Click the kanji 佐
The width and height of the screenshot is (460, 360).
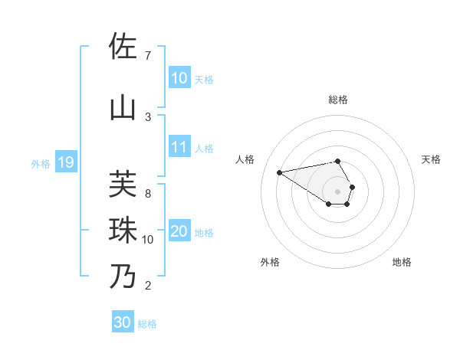point(123,46)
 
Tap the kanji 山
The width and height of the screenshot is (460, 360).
point(123,108)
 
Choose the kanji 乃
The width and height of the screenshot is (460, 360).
point(123,276)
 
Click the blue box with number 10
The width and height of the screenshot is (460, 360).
point(179,78)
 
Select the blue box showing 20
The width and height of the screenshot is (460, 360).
point(179,232)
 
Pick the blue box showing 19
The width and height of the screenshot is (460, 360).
point(65,162)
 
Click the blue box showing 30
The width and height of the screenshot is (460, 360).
point(123,322)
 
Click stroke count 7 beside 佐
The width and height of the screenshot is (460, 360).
point(147,55)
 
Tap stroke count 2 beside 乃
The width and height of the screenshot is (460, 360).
point(147,286)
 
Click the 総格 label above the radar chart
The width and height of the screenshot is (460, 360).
point(338,100)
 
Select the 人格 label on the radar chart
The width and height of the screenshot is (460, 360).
point(245,159)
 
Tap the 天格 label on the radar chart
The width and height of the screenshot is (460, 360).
point(431,159)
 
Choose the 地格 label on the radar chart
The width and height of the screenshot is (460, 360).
point(402,262)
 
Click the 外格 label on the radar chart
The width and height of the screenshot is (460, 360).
point(270,262)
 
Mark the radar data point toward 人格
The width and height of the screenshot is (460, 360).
point(280,172)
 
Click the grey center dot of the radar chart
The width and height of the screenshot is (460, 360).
point(338,191)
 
